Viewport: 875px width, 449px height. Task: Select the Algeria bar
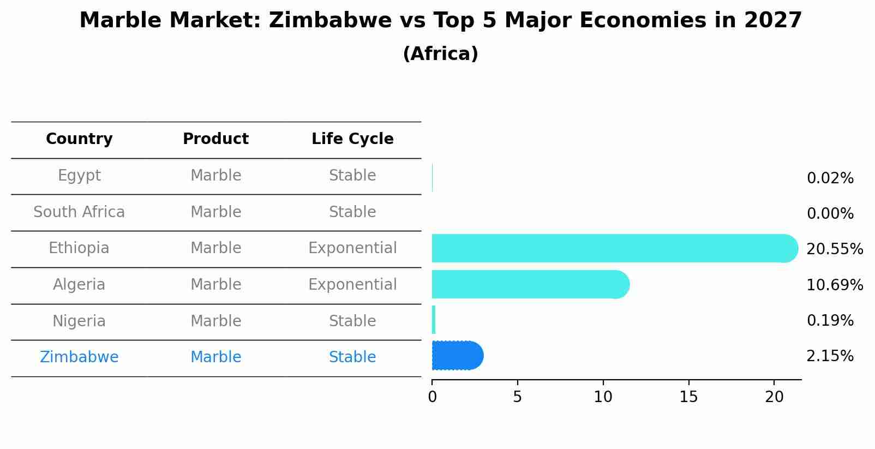tap(529, 284)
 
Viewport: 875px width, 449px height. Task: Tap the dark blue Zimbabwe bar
tap(457, 356)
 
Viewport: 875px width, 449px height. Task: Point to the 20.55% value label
tap(835, 249)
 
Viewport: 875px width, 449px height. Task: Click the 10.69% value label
tap(835, 285)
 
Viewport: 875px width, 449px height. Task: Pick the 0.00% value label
tap(830, 214)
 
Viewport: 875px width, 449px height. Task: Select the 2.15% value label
tap(830, 356)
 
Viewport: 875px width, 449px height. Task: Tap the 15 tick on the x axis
tap(688, 397)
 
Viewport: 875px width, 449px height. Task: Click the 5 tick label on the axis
tap(517, 397)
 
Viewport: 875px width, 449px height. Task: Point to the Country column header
tap(79, 139)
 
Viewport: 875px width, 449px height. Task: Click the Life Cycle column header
tap(352, 139)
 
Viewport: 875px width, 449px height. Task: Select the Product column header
tap(215, 139)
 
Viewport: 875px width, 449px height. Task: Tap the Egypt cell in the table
tap(79, 176)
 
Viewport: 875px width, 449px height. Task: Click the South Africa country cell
tap(79, 212)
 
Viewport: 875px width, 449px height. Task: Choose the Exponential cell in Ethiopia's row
tap(352, 248)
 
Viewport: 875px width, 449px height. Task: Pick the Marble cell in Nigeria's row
tap(215, 321)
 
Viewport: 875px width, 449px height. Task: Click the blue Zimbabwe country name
tap(79, 357)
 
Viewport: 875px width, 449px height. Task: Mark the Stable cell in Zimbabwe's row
tap(352, 357)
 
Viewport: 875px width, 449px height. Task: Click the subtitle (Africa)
tap(440, 54)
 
